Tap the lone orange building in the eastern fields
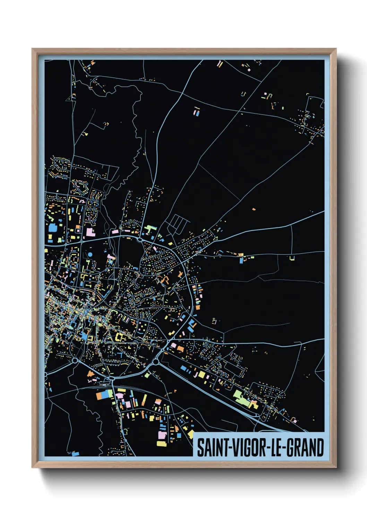[254, 209]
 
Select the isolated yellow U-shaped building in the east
[292, 258]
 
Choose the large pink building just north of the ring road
[90, 232]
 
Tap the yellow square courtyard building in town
[120, 337]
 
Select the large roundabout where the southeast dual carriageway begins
[156, 362]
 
